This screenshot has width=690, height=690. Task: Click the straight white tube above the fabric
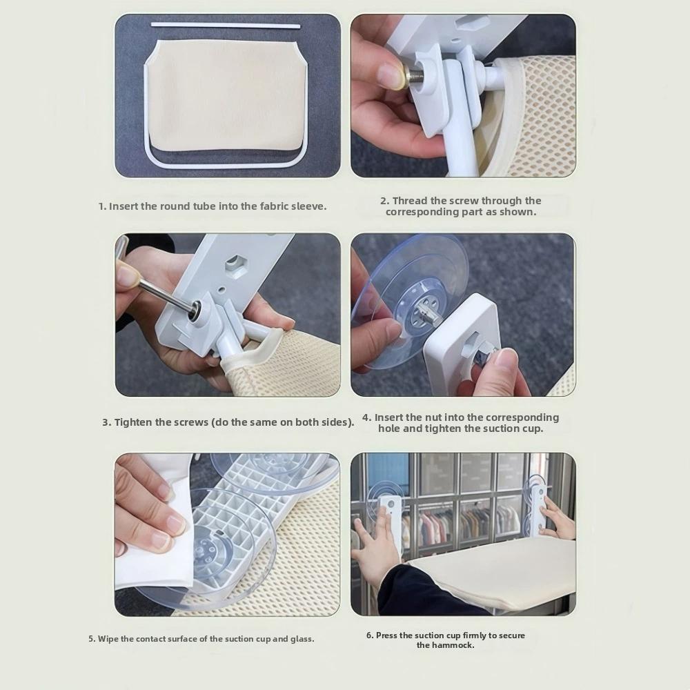pyautogui.click(x=226, y=25)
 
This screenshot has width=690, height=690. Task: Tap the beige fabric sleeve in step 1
pyautogui.click(x=227, y=98)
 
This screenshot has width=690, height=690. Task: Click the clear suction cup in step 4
pyautogui.click(x=409, y=304)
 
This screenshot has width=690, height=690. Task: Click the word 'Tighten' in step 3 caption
pyautogui.click(x=133, y=422)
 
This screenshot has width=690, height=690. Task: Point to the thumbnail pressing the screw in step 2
pyautogui.click(x=388, y=70)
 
